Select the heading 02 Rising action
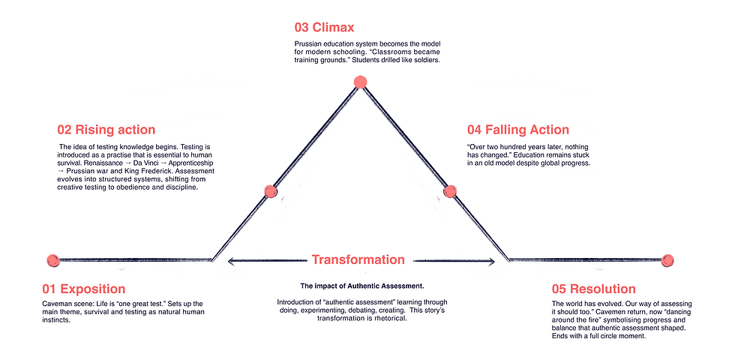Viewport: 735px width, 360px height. [106, 129]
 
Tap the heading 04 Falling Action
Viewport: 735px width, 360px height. [518, 129]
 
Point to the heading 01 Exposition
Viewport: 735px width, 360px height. [83, 288]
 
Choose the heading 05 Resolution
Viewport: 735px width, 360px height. [594, 288]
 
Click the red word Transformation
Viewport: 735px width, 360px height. [358, 259]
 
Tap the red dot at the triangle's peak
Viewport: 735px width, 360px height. [360, 82]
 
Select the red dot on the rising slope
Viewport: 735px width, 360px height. [271, 191]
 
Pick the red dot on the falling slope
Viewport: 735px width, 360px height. [450, 191]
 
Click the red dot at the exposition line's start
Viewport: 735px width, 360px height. [53, 260]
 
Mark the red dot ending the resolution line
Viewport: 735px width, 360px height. [667, 260]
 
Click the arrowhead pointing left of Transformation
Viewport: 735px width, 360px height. [232, 261]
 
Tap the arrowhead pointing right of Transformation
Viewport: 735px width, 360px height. [490, 262]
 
